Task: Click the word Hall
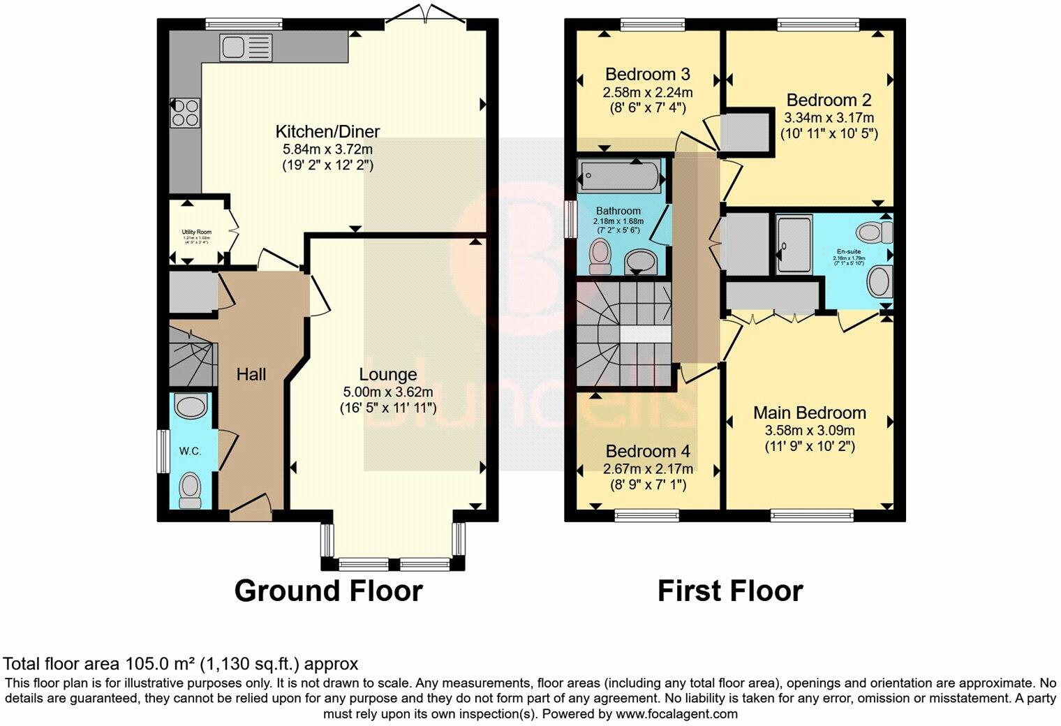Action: tap(251, 375)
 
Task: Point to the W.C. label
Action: tap(190, 452)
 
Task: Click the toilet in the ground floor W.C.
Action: tap(190, 490)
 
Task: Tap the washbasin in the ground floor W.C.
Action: tap(190, 405)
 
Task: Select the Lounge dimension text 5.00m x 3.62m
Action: tap(388, 392)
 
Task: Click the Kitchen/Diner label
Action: tap(327, 131)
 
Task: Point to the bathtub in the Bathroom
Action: tap(620, 175)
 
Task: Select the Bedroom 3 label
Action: tap(648, 74)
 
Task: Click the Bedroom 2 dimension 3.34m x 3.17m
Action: tap(829, 117)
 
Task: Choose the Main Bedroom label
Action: tap(809, 413)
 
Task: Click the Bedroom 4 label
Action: tap(648, 450)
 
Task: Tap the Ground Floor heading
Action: tap(328, 591)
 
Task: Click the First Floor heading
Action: tap(730, 591)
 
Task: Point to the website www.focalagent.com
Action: tap(676, 714)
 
